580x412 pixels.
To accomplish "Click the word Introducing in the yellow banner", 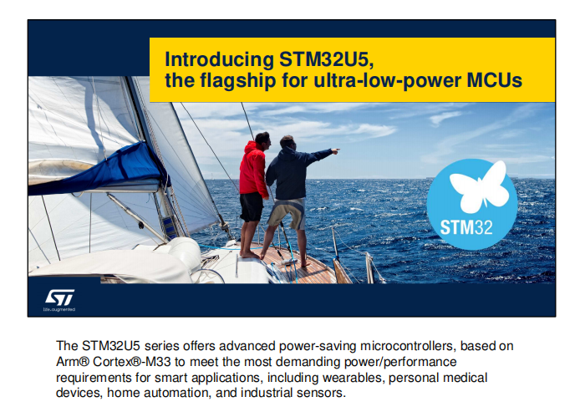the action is pyautogui.click(x=220, y=59).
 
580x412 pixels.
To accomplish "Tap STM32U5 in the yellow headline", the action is pyautogui.click(x=326, y=58).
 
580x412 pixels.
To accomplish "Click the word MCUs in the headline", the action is pyautogui.click(x=495, y=80).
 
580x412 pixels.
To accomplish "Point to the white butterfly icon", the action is pyautogui.click(x=480, y=186).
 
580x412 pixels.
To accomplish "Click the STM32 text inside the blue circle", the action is pyautogui.click(x=466, y=227).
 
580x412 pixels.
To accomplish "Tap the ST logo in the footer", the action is pyautogui.click(x=59, y=297).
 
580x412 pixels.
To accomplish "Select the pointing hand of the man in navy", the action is pyautogui.click(x=335, y=150).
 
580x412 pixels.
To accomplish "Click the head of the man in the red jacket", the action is pyautogui.click(x=263, y=140).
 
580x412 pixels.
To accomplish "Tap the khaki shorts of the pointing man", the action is pyautogui.click(x=287, y=213).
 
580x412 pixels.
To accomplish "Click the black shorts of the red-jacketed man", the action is pyautogui.click(x=252, y=206).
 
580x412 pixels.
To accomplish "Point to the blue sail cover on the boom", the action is pyautogui.click(x=100, y=170).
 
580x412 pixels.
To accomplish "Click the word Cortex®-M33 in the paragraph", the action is pyautogui.click(x=132, y=361).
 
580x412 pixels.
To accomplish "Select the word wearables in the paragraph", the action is pyautogui.click(x=354, y=377).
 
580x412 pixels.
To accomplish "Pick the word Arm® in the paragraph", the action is pyautogui.click(x=73, y=361).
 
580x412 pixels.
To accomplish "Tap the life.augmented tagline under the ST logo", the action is pyautogui.click(x=59, y=309).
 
